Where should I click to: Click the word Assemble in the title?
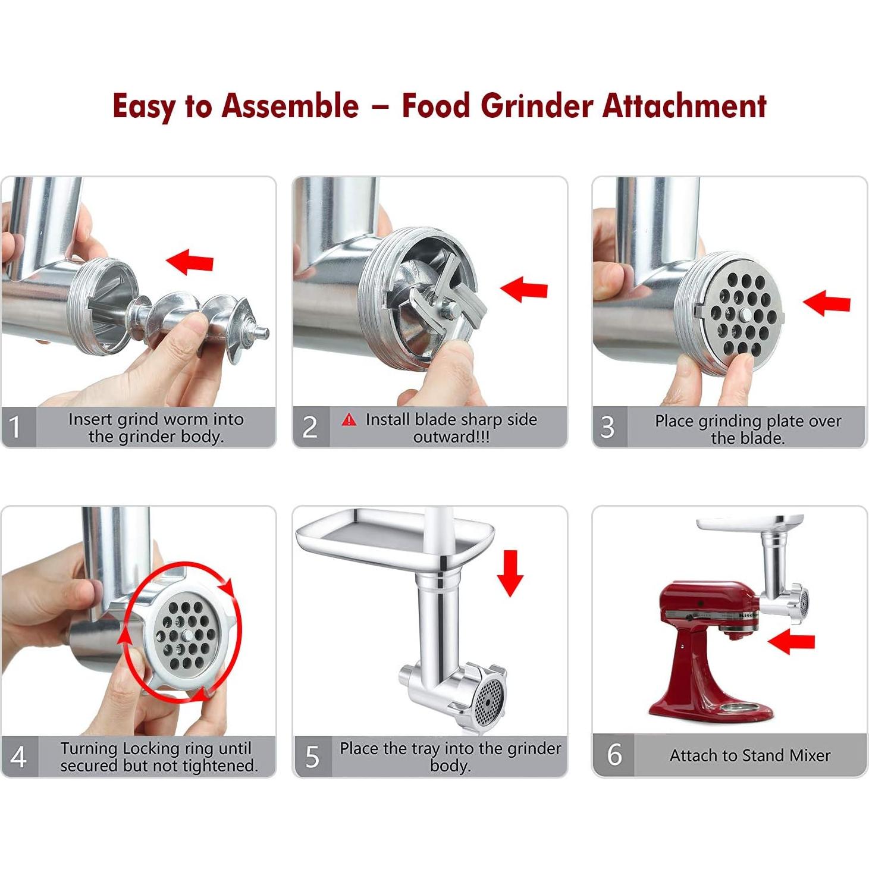(x=290, y=106)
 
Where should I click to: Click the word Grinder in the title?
(x=537, y=106)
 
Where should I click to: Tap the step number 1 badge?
(x=16, y=427)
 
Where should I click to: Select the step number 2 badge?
(x=310, y=427)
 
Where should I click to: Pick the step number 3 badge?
(x=607, y=427)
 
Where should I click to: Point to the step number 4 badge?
(x=18, y=757)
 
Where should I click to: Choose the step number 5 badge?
(x=312, y=757)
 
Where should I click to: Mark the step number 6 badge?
(x=614, y=755)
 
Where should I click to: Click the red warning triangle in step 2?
(x=349, y=420)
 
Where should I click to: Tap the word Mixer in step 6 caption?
(x=810, y=755)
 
